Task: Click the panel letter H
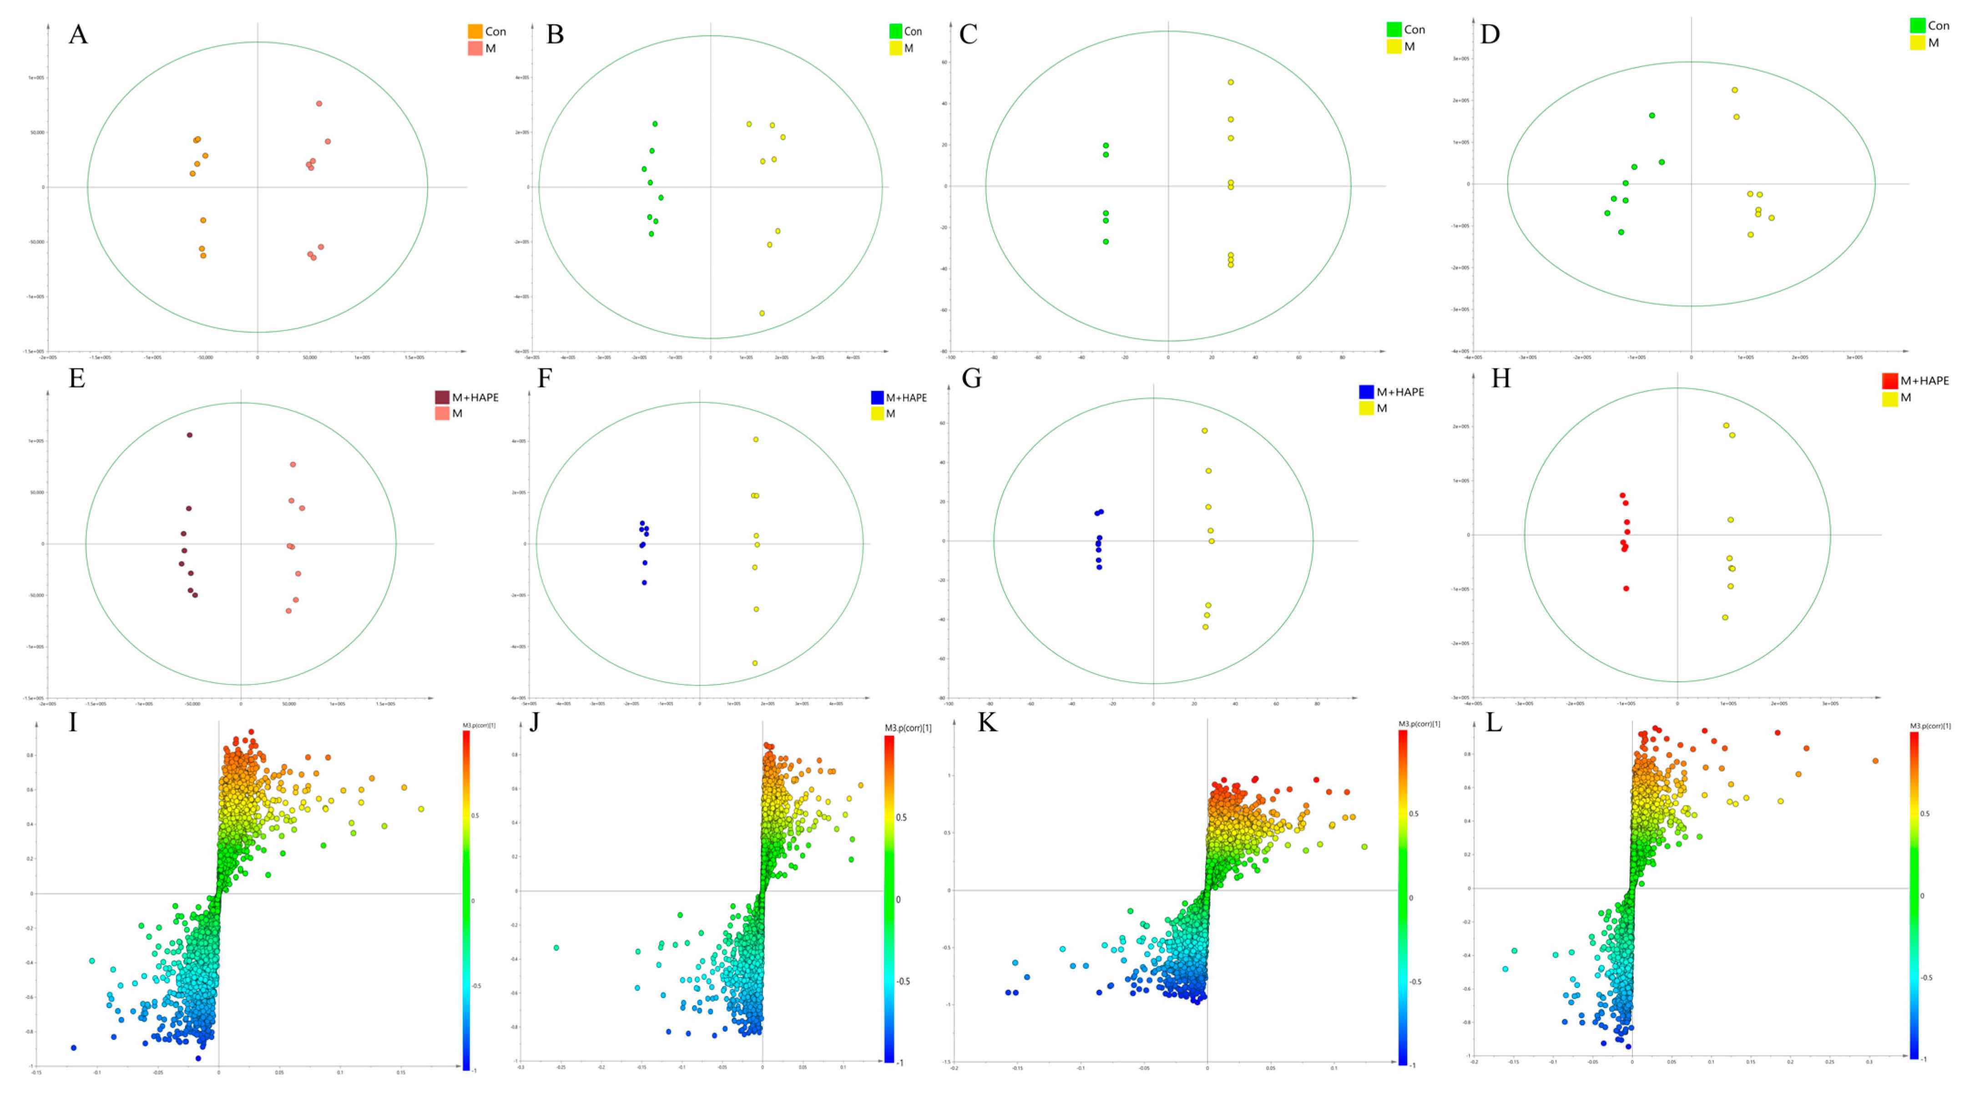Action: click(1500, 379)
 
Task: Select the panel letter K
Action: click(987, 723)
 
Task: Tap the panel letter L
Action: click(1494, 723)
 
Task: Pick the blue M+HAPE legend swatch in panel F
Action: click(877, 397)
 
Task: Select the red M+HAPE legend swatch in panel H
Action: click(1890, 380)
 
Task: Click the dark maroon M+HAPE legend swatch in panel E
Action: click(442, 397)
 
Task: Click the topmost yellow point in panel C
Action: click(1231, 82)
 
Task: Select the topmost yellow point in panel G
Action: click(1204, 431)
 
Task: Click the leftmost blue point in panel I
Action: click(74, 1047)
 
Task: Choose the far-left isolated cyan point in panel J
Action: click(556, 947)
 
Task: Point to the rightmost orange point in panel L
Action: click(1875, 760)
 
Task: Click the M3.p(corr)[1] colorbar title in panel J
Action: click(908, 728)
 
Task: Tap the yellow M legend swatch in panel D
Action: click(1918, 43)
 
